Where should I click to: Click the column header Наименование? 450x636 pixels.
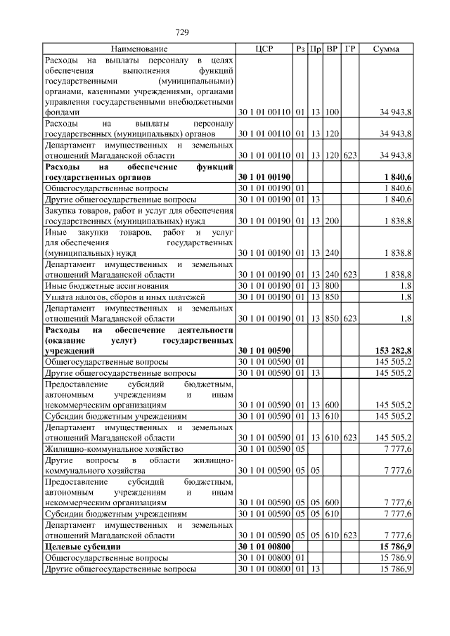139,49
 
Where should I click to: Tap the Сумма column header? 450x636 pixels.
386,49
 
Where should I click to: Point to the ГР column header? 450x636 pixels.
350,49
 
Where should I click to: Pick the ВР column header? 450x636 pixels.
333,49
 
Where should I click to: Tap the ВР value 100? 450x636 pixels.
333,112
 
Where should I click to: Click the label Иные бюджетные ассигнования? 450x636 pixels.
106,287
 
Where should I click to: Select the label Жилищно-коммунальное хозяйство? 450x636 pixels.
114,448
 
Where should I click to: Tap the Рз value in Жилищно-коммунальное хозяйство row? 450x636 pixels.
300,448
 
